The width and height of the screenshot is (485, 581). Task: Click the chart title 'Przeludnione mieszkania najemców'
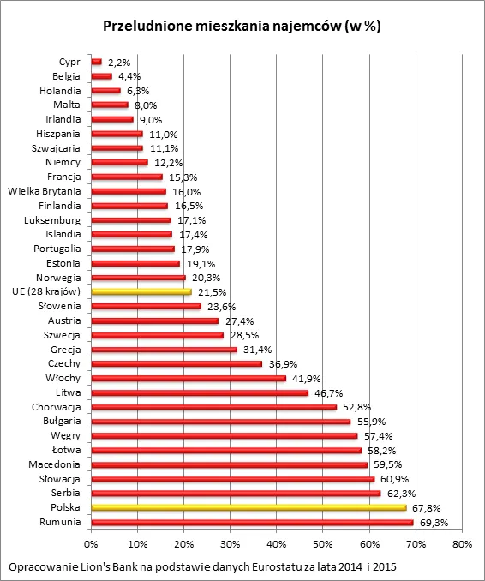242,27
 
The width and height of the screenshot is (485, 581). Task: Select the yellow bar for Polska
248,507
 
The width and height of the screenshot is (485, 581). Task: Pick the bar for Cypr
96,62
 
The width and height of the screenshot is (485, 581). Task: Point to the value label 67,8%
425,507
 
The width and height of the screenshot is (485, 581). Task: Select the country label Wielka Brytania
44,191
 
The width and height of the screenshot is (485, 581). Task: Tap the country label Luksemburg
53,220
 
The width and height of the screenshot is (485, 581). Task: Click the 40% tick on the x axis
276,542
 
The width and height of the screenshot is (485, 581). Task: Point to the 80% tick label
462,542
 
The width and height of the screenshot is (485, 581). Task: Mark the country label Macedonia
54,464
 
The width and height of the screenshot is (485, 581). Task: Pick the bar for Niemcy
119,162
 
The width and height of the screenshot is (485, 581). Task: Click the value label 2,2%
120,62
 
